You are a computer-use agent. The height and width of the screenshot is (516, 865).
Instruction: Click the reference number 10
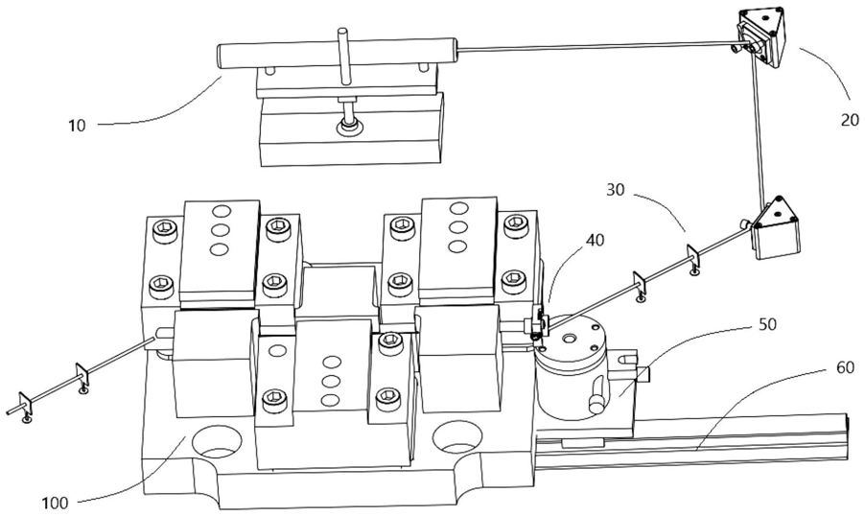click(78, 126)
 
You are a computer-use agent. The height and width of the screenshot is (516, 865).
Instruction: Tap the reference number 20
click(850, 119)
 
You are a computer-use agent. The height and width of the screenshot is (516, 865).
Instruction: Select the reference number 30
click(616, 190)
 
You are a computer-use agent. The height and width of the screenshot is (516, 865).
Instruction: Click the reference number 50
click(767, 324)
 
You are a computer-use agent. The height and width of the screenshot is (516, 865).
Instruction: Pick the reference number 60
click(845, 367)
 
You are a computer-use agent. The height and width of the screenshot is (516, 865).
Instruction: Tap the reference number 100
click(56, 503)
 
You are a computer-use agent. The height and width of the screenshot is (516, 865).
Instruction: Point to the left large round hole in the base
click(218, 440)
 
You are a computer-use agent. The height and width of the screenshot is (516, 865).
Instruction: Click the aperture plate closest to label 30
click(693, 257)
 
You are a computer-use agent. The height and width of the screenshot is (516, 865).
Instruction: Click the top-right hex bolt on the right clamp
click(514, 223)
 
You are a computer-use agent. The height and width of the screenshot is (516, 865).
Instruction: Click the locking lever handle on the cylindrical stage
click(597, 400)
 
